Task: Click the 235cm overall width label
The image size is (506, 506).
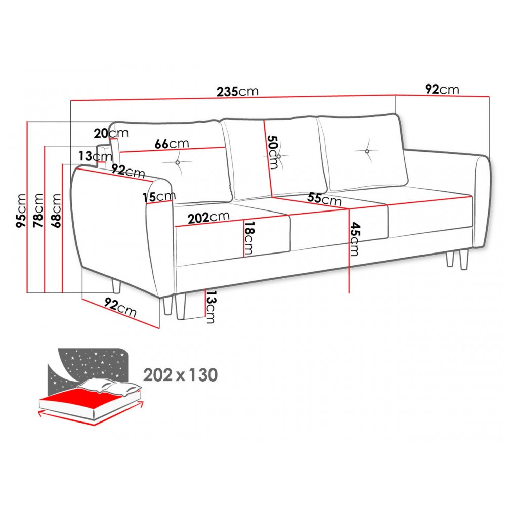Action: tap(237, 91)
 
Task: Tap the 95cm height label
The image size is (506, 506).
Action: tap(21, 210)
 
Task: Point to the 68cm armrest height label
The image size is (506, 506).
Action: tap(56, 210)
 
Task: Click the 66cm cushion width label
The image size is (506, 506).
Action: tap(172, 144)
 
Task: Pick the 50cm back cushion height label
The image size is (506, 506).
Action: tap(273, 152)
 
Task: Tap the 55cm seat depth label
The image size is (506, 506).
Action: tap(324, 199)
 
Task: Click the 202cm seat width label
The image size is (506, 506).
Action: tap(208, 217)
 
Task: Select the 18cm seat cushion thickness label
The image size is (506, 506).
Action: tap(249, 238)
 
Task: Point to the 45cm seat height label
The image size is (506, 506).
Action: tap(355, 239)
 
